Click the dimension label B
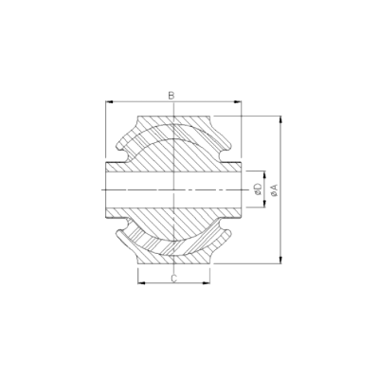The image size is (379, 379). (171, 96)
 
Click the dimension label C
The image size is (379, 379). (173, 278)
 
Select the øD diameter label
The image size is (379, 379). (258, 189)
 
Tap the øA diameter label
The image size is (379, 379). (274, 190)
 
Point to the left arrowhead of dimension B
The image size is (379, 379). (109, 101)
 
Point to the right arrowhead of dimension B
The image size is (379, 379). (238, 101)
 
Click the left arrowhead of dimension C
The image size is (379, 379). (142, 282)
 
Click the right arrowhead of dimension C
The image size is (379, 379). (207, 282)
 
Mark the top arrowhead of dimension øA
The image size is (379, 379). (280, 120)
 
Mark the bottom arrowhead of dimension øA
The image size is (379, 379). (280, 260)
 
